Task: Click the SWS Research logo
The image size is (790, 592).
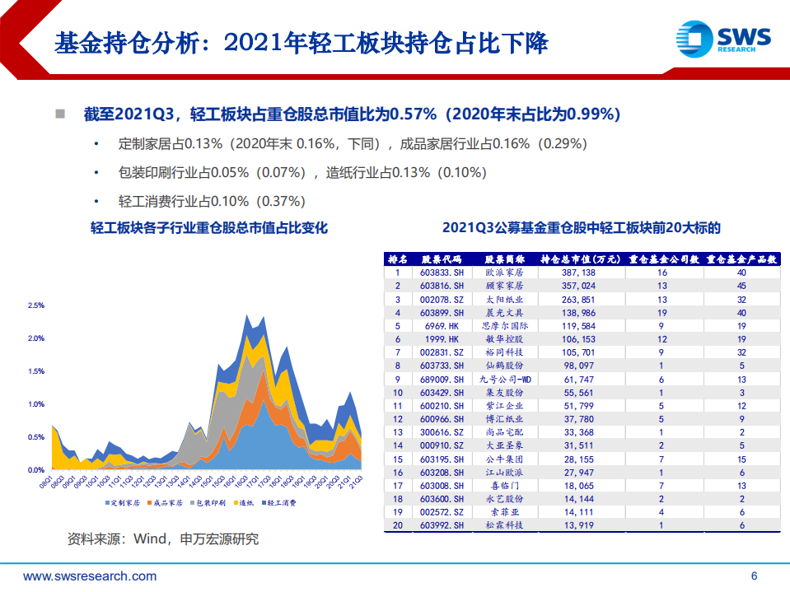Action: [x=723, y=37]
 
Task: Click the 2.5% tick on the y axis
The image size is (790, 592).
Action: [x=35, y=305]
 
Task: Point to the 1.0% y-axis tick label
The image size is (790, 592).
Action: [x=35, y=404]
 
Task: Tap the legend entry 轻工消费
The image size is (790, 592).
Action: [x=282, y=501]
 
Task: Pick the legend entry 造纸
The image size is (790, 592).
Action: [x=244, y=501]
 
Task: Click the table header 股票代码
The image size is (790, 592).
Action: [x=442, y=259]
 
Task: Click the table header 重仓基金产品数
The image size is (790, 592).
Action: [x=742, y=259]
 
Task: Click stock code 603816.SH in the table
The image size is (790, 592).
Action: [x=442, y=286]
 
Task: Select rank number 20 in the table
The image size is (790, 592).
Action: [x=398, y=525]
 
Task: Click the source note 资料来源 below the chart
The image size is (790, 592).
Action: [x=162, y=539]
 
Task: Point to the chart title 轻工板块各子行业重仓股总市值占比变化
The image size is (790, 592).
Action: [x=209, y=228]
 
